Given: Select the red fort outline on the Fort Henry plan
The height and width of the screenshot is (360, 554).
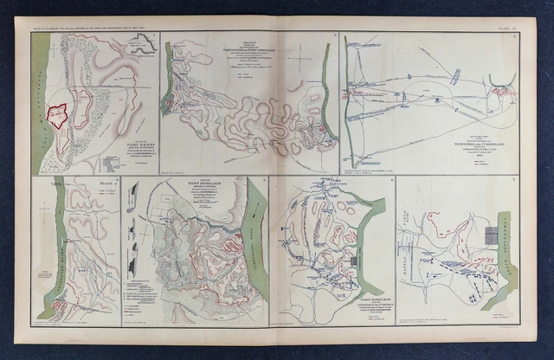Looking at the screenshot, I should pyautogui.click(x=59, y=113).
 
